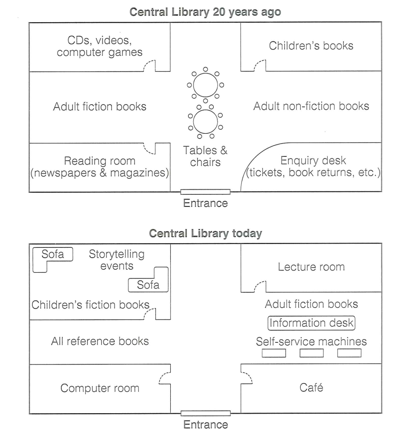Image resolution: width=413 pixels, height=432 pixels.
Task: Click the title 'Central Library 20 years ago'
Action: click(x=205, y=12)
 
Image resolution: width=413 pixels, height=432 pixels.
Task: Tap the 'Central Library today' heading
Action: click(x=206, y=233)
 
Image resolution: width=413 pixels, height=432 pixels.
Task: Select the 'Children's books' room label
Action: click(x=311, y=46)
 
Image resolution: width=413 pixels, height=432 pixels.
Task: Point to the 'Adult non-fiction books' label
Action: click(x=311, y=106)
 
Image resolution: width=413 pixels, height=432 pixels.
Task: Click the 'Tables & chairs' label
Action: click(x=205, y=156)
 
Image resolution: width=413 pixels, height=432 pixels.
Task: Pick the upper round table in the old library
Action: click(x=205, y=85)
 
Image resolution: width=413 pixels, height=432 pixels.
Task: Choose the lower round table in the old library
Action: click(x=205, y=121)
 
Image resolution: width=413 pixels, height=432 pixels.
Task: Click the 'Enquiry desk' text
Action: click(x=313, y=160)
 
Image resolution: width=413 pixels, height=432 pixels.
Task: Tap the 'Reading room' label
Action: click(x=99, y=161)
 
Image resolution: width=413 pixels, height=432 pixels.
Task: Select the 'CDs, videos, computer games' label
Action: click(x=99, y=46)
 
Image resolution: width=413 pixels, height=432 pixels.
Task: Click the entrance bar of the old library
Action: click(x=205, y=192)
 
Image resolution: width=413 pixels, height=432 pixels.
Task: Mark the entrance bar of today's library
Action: click(x=206, y=413)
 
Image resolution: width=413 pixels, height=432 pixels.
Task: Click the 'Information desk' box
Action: click(x=311, y=323)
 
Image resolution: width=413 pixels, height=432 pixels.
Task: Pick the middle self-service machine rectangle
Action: click(x=311, y=353)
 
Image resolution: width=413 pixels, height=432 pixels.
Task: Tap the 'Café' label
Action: click(x=311, y=388)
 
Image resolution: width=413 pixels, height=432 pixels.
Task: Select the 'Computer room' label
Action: click(x=100, y=388)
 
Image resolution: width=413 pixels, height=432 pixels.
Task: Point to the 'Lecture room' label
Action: click(x=311, y=267)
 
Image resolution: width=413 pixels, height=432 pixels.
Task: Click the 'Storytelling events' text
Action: click(x=116, y=260)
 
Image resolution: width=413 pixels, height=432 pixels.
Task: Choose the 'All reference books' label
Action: click(x=100, y=341)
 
